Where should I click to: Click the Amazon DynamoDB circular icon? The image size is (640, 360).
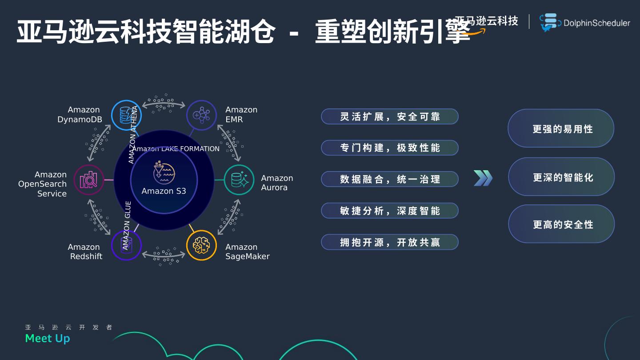point(126,115)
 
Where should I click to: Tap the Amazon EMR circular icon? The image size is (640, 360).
point(201,115)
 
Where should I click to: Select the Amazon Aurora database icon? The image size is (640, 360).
point(239,180)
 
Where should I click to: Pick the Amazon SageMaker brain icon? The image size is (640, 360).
point(201,245)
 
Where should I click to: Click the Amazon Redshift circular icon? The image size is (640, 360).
point(126,245)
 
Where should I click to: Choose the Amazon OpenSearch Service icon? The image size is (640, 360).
point(88,180)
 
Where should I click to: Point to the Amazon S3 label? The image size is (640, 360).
point(164,191)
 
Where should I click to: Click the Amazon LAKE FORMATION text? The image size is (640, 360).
point(176,149)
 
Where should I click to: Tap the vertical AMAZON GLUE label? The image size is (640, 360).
point(128,224)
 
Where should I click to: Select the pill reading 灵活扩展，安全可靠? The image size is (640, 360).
point(389,116)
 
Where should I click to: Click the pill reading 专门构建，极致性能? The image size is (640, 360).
point(389,148)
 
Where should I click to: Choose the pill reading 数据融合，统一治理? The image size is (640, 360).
point(389,179)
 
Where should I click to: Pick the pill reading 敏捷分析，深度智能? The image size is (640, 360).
point(389,211)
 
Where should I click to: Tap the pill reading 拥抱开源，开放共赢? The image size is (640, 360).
point(389,242)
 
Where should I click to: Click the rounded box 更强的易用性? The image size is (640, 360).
point(561,128)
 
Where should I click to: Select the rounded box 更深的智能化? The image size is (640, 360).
point(561,177)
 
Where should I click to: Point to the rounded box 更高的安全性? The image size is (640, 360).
point(561,224)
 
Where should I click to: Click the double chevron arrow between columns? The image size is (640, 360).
point(483,178)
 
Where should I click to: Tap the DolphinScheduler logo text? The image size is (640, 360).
point(596,23)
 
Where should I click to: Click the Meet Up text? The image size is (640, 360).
point(48,339)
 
